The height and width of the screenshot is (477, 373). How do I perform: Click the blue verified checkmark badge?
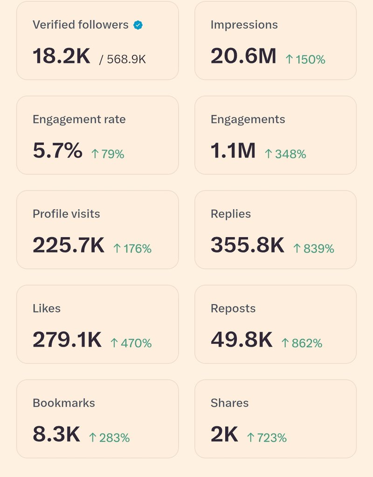(x=138, y=25)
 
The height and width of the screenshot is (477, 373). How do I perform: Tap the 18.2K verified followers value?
(x=61, y=56)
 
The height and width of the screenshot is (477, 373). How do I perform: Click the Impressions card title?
(x=244, y=25)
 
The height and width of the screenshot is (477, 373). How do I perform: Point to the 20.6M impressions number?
(x=243, y=56)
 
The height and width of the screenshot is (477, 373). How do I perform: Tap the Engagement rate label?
(x=79, y=119)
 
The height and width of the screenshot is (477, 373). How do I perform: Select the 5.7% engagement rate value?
(x=57, y=151)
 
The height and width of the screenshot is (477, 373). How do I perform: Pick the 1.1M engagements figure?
(x=233, y=151)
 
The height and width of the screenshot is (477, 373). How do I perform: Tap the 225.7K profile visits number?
(x=69, y=245)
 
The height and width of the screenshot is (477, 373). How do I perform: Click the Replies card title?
(x=230, y=214)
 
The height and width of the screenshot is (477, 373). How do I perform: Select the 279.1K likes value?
(x=67, y=340)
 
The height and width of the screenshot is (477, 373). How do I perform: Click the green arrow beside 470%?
(x=114, y=343)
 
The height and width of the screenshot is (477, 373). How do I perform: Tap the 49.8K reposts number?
(x=241, y=340)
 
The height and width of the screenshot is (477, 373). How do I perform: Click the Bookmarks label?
(x=63, y=403)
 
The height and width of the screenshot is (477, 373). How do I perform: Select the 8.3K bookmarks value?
(x=56, y=435)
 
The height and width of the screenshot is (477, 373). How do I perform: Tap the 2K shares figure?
(x=224, y=435)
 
